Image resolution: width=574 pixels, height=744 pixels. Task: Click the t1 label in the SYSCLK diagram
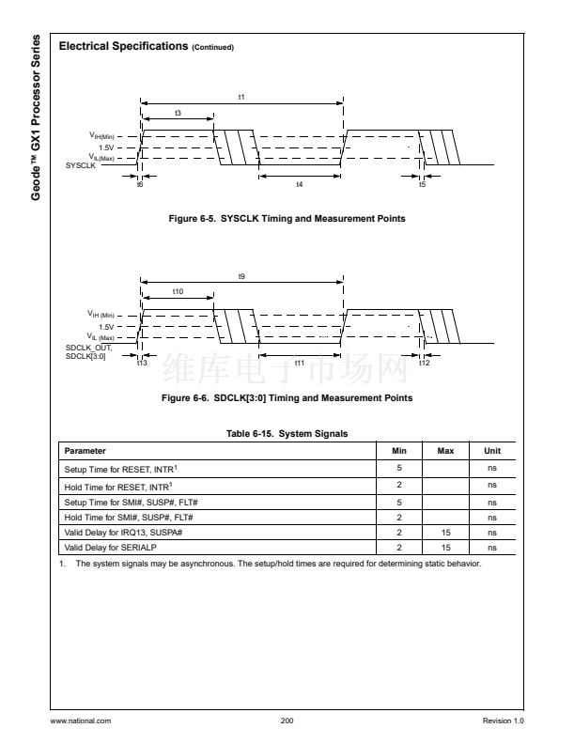click(241, 97)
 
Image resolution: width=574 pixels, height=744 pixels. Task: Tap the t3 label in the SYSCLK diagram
click(178, 113)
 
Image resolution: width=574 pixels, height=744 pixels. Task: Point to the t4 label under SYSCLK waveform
click(300, 184)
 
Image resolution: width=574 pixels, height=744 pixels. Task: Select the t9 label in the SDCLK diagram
click(241, 275)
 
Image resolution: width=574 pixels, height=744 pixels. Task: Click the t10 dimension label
click(178, 291)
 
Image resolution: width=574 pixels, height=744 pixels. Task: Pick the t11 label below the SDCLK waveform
click(300, 363)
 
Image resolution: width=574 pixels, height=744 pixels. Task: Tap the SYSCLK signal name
click(82, 165)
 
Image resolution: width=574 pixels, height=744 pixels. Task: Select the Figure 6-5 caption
click(287, 219)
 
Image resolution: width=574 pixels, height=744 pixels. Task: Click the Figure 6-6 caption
click(287, 397)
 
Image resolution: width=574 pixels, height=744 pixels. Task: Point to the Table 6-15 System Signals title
click(287, 433)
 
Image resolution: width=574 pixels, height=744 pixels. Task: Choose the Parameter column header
click(85, 451)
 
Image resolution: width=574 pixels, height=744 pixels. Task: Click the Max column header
click(446, 451)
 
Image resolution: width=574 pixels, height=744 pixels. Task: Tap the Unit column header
click(492, 451)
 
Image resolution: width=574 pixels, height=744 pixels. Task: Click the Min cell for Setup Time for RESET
click(399, 467)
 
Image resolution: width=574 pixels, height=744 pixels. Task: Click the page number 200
click(287, 721)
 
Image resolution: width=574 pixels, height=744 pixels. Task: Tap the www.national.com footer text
click(82, 721)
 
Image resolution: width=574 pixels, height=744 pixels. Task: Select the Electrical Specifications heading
click(146, 46)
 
